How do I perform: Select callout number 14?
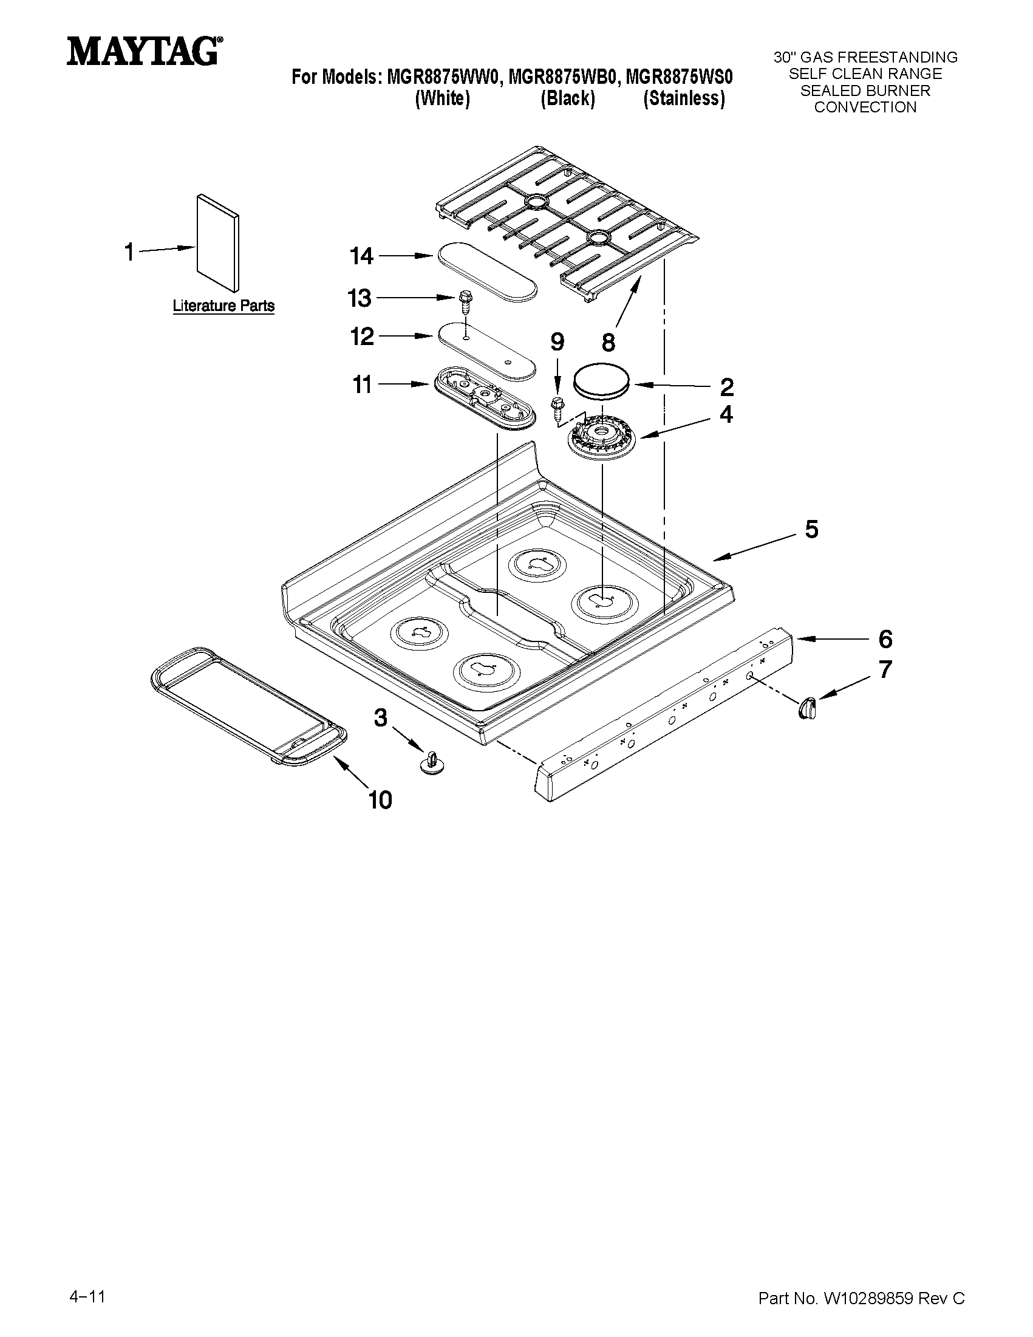coord(361,256)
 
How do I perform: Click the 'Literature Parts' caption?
coord(223,306)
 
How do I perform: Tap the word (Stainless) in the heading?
coord(684,98)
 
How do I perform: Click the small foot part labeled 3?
coord(432,763)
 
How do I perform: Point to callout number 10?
coord(380,799)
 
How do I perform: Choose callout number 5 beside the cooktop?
coord(811,529)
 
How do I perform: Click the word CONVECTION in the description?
coord(865,107)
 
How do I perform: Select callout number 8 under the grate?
coord(608,342)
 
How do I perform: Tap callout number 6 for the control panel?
coord(885,639)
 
